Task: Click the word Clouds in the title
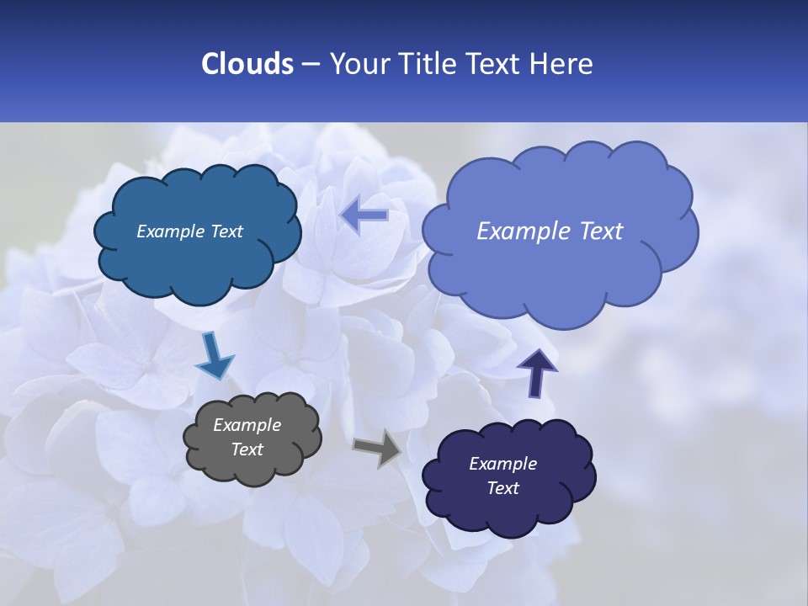point(247,63)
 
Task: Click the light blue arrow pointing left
point(364,215)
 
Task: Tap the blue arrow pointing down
point(213,356)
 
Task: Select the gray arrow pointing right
point(378,449)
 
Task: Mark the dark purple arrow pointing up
point(536,371)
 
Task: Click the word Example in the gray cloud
point(247,425)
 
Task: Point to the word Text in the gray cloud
point(247,449)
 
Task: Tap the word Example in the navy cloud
point(502,464)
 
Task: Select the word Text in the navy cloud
point(502,488)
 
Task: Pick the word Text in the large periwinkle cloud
point(600,231)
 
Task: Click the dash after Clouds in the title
point(311,65)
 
